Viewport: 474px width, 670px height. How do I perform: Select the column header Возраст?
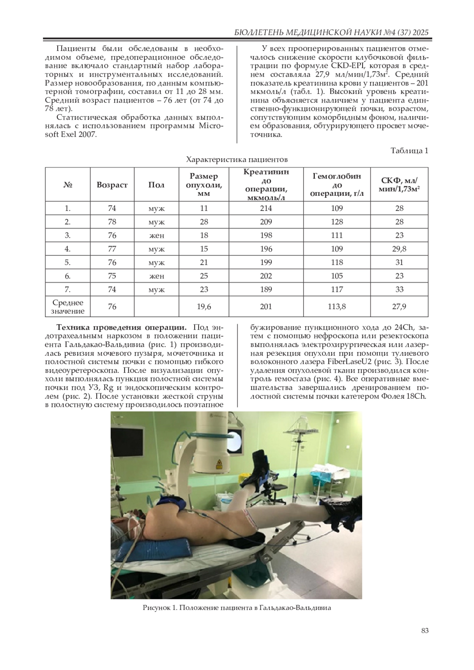pyautogui.click(x=112, y=185)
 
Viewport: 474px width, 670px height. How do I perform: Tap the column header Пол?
pyautogui.click(x=156, y=185)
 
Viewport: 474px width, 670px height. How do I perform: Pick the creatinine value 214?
pyautogui.click(x=266, y=208)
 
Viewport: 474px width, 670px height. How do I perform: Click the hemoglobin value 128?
pyautogui.click(x=337, y=222)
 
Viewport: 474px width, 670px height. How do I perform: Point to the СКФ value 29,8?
pyautogui.click(x=399, y=249)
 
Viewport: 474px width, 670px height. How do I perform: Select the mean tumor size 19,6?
pyautogui.click(x=204, y=306)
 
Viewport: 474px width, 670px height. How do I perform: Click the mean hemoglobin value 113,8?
pyautogui.click(x=337, y=306)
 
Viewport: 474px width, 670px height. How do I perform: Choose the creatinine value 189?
pyautogui.click(x=266, y=289)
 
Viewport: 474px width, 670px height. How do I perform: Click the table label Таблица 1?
pyautogui.click(x=409, y=151)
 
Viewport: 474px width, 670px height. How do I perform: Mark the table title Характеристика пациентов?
pyautogui.click(x=237, y=160)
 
